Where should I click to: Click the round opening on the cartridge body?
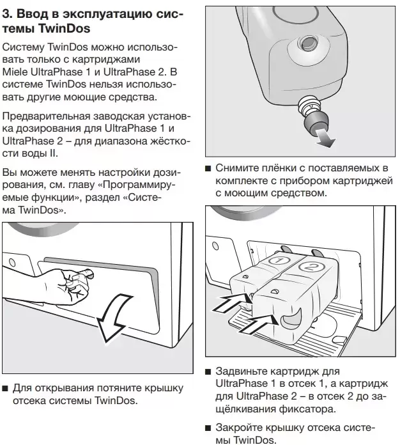coord(309,48)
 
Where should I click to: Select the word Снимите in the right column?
coord(234,168)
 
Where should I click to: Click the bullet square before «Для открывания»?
coord(6,389)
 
